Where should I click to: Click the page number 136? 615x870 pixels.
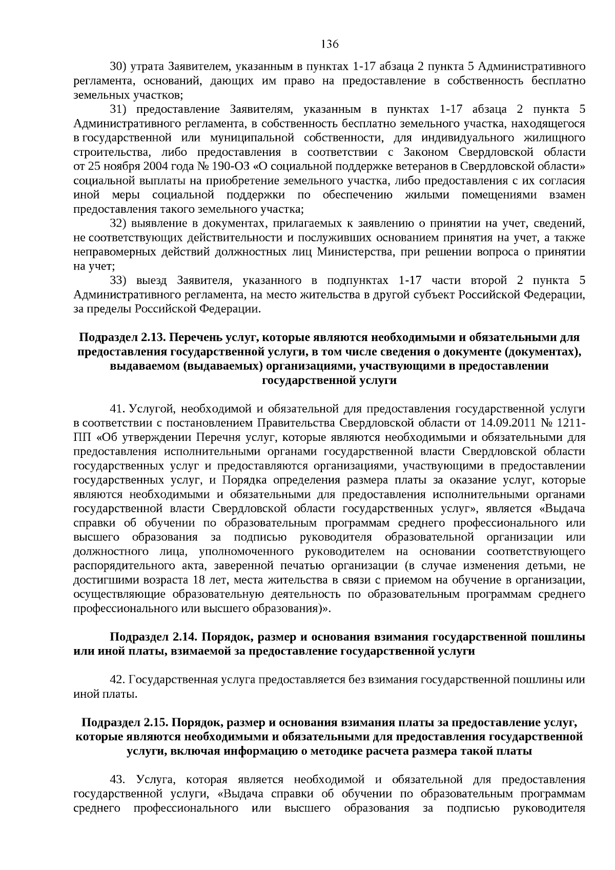point(330,44)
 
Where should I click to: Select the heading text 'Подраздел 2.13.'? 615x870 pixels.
point(121,338)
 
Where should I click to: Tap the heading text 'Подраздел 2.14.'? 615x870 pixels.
point(154,637)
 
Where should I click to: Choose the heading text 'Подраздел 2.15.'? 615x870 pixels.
point(125,723)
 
